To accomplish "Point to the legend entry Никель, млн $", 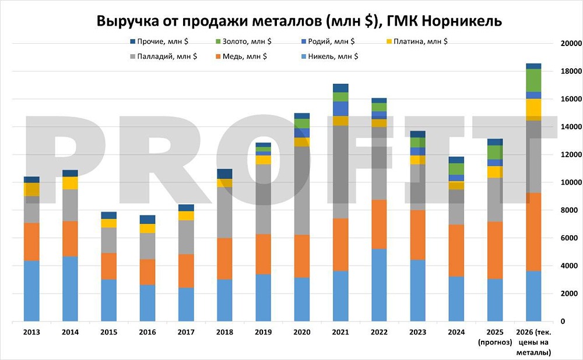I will click(x=329, y=57).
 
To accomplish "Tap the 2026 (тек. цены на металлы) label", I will click(x=533, y=342).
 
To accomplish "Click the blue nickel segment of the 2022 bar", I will click(x=379, y=285).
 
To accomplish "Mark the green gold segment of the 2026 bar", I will click(x=533, y=80).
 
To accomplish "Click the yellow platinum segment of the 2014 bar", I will click(x=70, y=183).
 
